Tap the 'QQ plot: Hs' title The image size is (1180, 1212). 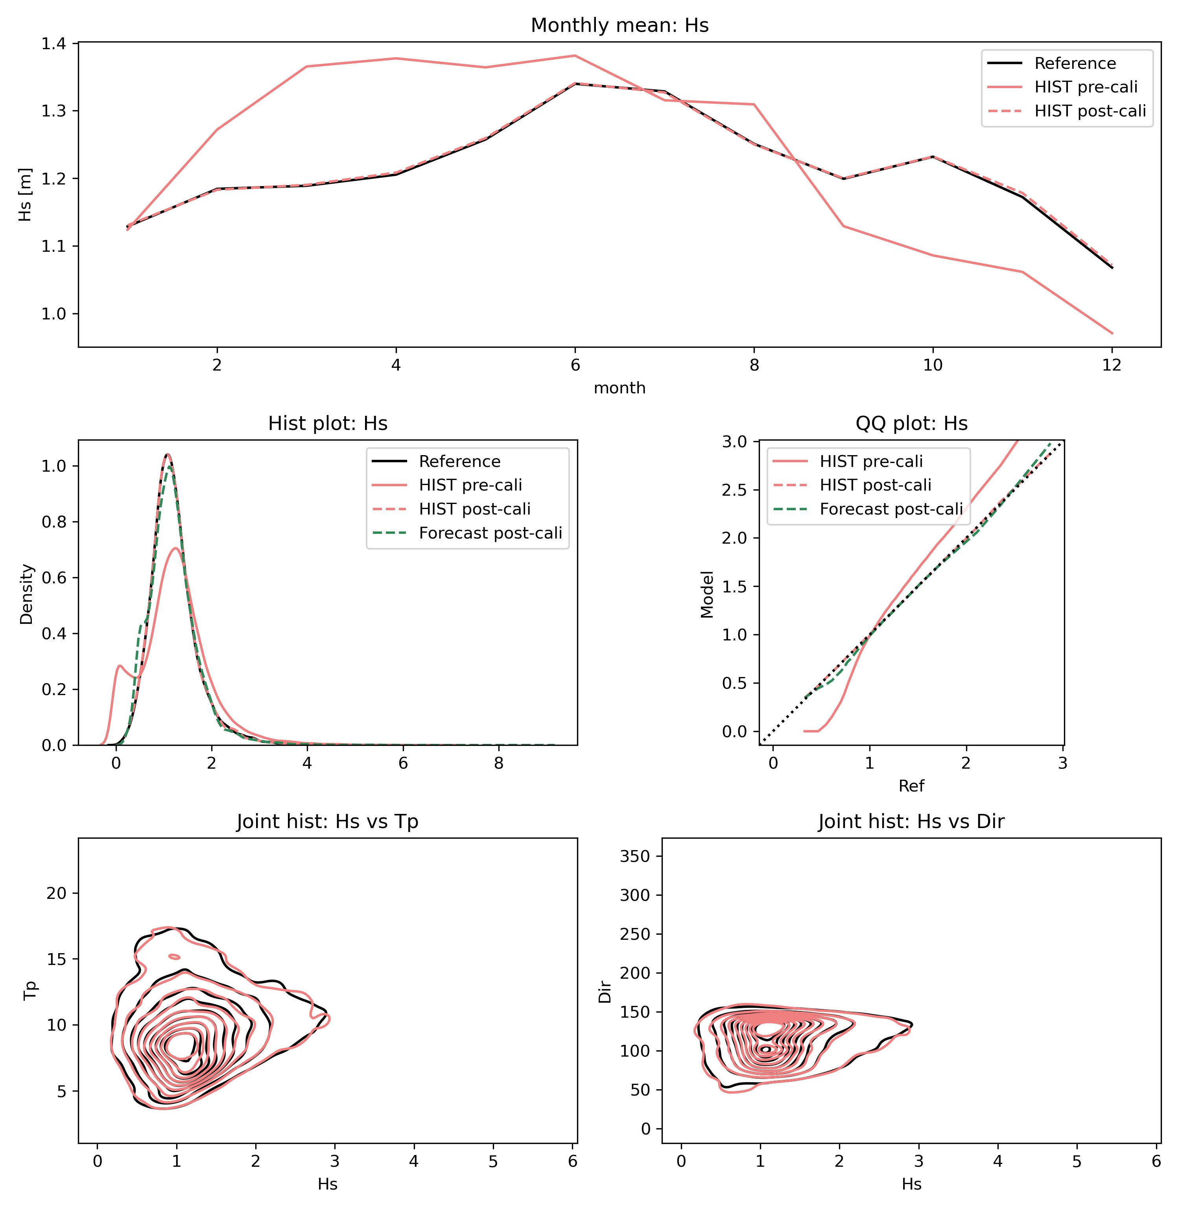tap(911, 423)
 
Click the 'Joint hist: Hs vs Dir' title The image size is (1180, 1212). tap(911, 821)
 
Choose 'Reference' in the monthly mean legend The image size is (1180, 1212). tap(1075, 63)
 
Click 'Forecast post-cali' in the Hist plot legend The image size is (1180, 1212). tap(490, 533)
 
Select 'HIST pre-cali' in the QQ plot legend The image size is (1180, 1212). tap(871, 461)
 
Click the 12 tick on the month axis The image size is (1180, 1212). tap(1112, 365)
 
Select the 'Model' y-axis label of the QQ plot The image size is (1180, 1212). tap(707, 594)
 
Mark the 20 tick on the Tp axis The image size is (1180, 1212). tap(57, 893)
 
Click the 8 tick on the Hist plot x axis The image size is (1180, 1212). tap(498, 763)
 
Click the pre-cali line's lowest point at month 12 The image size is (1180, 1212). tap(1112, 334)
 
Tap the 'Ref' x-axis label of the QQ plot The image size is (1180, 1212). tap(911, 786)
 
